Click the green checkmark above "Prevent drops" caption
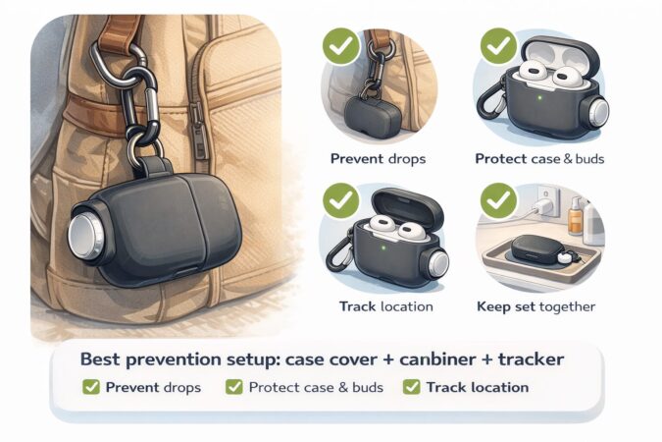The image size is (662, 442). click(342, 44)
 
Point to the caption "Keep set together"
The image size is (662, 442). click(535, 306)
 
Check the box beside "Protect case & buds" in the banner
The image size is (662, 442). click(234, 387)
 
